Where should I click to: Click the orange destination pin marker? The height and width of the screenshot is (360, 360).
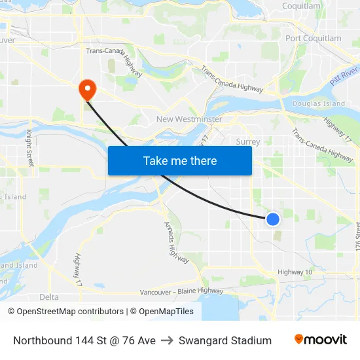coord(86,89)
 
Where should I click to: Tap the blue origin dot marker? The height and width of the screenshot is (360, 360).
coord(273,219)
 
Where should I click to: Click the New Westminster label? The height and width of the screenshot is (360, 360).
coord(189,119)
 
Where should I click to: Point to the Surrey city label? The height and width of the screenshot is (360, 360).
coord(247,141)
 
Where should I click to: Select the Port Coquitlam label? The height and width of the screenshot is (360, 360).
coord(313,38)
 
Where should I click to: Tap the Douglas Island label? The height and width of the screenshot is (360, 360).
coord(318,103)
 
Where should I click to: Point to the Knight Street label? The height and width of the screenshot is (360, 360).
coord(30,147)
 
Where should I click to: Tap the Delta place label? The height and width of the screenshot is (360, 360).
coord(49,297)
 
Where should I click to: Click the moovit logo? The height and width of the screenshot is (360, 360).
coord(320,340)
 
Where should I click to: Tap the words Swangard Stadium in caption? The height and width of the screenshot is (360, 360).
coord(225,340)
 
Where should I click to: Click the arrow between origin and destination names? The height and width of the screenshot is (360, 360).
coord(167,340)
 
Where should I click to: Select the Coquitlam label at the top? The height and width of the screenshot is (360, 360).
coord(301,6)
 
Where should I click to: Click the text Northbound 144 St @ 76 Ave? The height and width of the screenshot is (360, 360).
coord(84,340)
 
